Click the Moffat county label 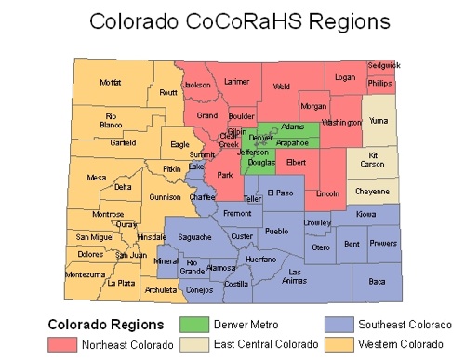[111, 83]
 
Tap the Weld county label [282, 87]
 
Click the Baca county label [377, 280]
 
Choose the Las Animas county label [294, 275]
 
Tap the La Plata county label [121, 283]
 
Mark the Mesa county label [96, 177]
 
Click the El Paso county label [280, 193]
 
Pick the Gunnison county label [165, 197]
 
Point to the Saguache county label [194, 237]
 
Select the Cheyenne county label [372, 191]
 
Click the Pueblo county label [277, 231]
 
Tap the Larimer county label [237, 82]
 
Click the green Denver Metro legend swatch [193, 326]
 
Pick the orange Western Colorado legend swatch [340, 344]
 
